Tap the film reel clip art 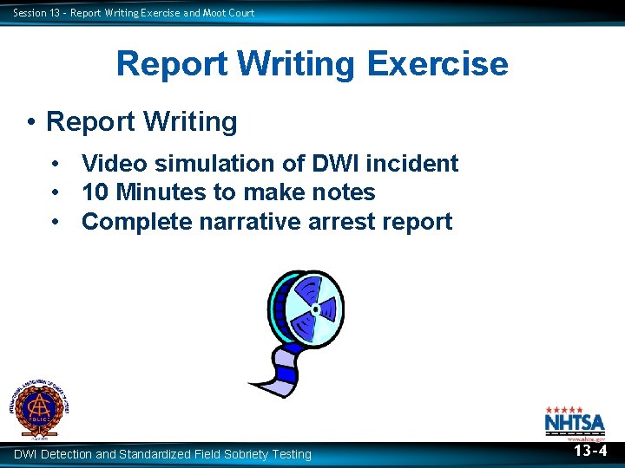299,329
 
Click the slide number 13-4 589,451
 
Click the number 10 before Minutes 95,192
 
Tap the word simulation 220,163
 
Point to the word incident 416,163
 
